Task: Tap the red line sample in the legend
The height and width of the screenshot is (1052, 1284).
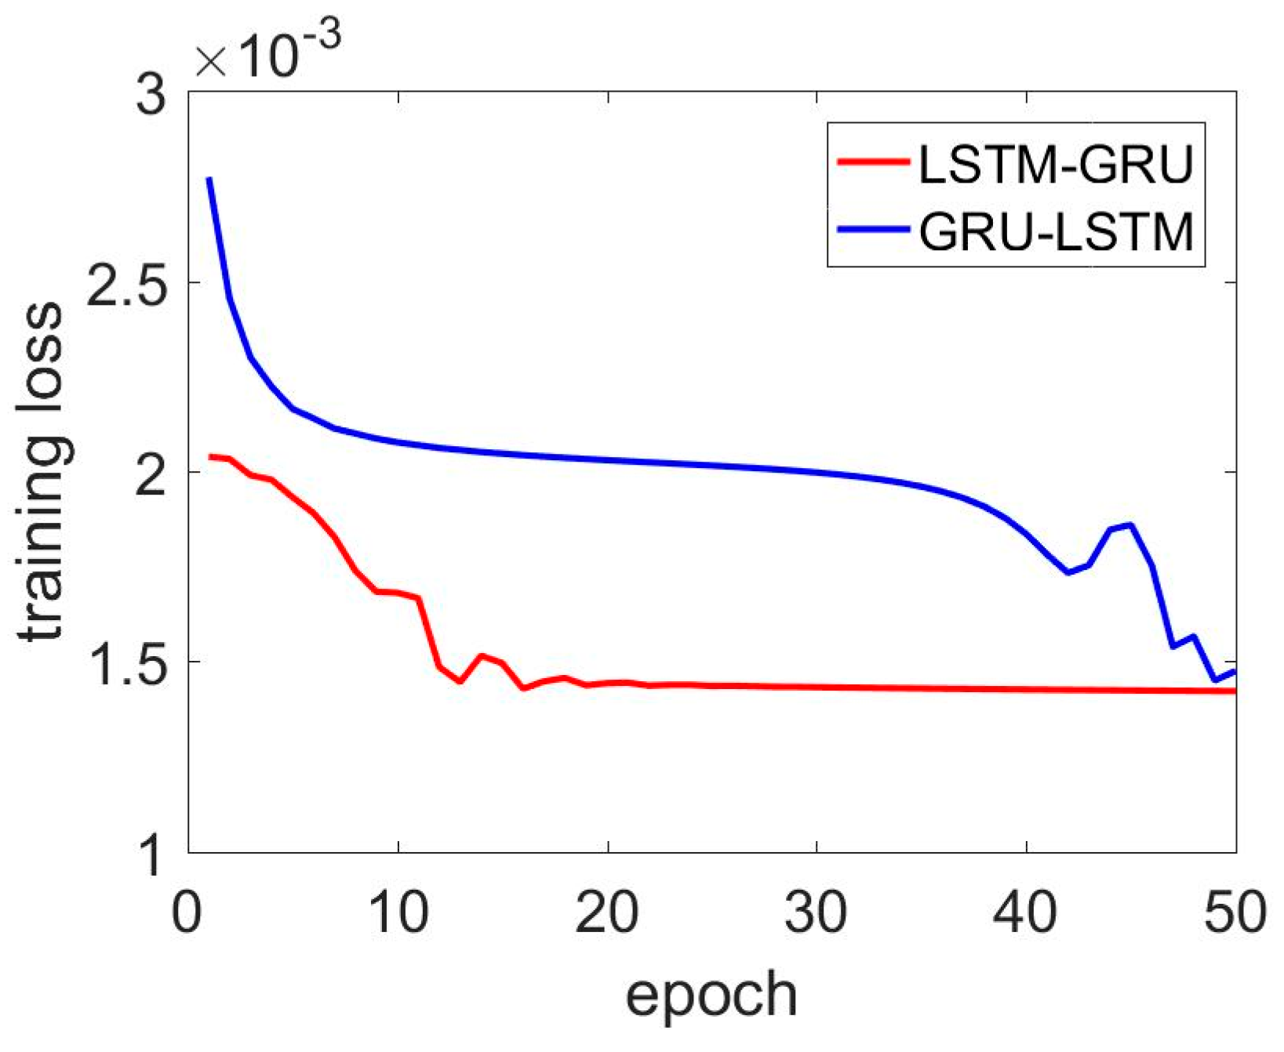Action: (x=872, y=162)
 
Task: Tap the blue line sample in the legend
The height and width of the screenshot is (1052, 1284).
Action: (x=872, y=229)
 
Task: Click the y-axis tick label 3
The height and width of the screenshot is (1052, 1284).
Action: (x=151, y=94)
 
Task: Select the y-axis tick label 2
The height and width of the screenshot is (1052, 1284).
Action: (x=151, y=472)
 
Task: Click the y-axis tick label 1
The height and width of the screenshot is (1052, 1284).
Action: (x=151, y=853)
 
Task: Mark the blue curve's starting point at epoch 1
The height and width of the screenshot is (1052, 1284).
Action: (x=209, y=180)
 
